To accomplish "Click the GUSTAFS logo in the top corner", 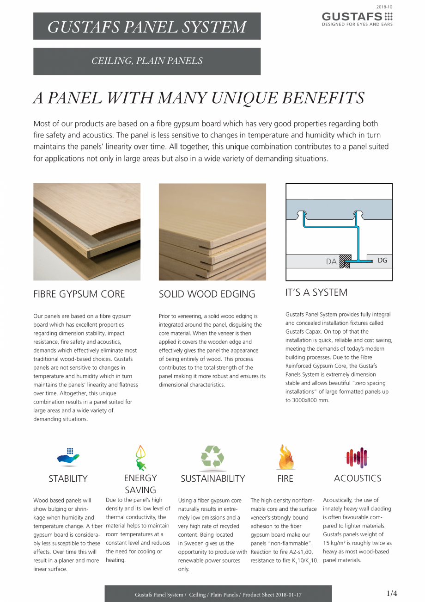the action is (357, 19).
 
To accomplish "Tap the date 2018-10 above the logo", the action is (384, 7).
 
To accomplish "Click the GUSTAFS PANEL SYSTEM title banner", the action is (147, 26).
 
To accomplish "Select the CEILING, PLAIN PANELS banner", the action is (147, 61).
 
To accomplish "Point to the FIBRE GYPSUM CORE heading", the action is (79, 294).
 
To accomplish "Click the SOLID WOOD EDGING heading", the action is (207, 294).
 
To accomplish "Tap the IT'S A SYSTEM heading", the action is (316, 292).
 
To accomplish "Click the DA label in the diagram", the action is (331, 261).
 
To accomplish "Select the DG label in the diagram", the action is (382, 260).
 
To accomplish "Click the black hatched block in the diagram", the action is (345, 261).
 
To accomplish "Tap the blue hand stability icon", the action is (68, 457).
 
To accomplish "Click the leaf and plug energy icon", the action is (140, 458).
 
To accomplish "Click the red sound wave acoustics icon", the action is (357, 458).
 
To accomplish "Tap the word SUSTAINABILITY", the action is (213, 478).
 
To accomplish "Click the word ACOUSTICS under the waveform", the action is (358, 478).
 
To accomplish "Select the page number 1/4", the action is (392, 593).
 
